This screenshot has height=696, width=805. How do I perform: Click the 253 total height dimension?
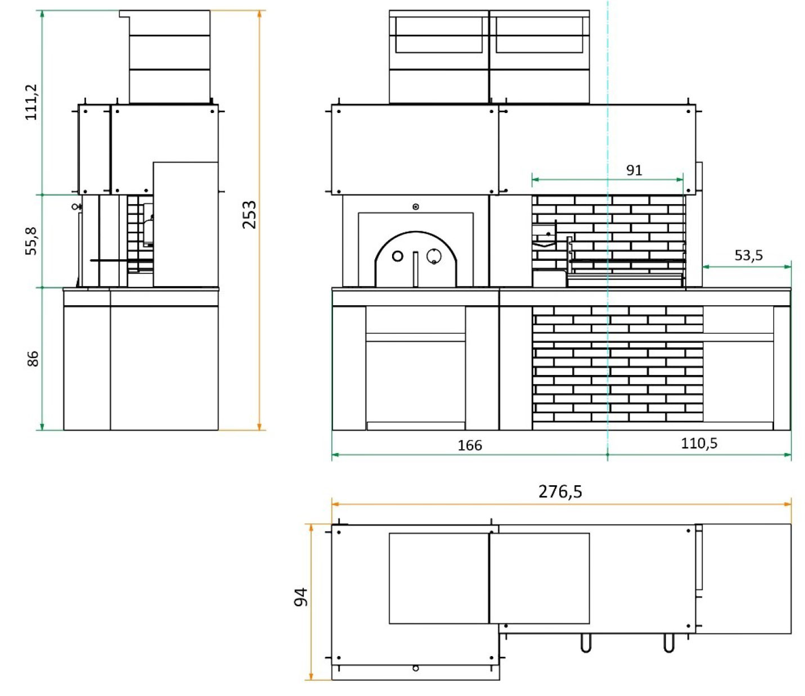tap(249, 215)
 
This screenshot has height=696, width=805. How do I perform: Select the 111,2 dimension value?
tap(31, 102)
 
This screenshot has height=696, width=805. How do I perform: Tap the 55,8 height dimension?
tap(31, 241)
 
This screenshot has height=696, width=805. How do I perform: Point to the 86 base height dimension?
tap(33, 359)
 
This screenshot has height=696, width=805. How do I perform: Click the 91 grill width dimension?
tap(634, 170)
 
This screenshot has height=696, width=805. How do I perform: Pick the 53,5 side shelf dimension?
tap(749, 255)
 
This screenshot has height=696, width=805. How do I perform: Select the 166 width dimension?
tap(470, 445)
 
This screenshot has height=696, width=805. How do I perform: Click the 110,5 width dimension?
tap(699, 444)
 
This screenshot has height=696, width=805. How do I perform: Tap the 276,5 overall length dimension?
tap(560, 491)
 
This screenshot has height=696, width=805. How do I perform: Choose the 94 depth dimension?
tap(300, 597)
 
